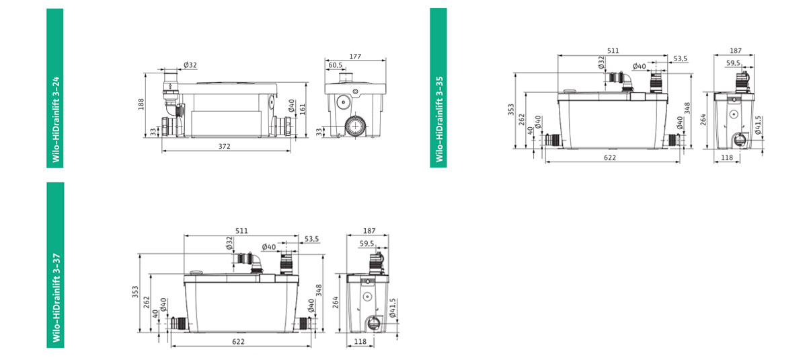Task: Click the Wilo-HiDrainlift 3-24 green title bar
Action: [x=54, y=88]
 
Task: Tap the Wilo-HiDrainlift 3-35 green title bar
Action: [x=438, y=88]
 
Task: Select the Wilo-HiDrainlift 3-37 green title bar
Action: [x=55, y=265]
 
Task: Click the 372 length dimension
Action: [x=224, y=146]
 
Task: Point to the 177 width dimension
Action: [x=355, y=57]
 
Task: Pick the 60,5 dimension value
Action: [x=335, y=65]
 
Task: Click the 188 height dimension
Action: [x=141, y=104]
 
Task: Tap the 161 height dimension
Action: [x=302, y=109]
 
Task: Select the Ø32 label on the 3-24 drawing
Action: [x=190, y=65]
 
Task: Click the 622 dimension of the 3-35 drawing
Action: [x=609, y=157]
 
